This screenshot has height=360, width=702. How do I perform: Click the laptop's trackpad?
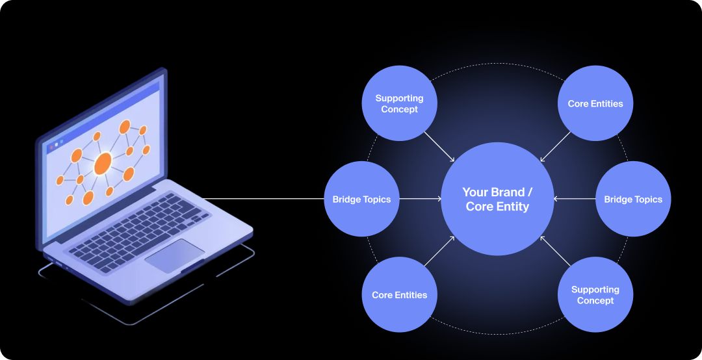[x=174, y=255]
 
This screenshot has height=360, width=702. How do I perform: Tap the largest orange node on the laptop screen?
[x=103, y=164]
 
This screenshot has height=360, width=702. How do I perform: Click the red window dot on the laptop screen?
[x=51, y=147]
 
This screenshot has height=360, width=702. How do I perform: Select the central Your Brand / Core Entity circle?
[x=497, y=199]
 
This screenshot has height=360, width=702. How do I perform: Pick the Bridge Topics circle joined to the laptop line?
[x=361, y=199]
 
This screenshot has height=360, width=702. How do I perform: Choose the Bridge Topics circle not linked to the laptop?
[x=633, y=199]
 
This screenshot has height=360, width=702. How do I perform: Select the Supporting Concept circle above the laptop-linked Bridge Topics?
[x=399, y=103]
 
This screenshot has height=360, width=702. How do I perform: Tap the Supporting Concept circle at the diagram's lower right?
[x=595, y=294]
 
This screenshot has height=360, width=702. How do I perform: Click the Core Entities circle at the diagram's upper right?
[x=595, y=103]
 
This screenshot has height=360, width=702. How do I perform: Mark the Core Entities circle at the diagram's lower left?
[x=399, y=294]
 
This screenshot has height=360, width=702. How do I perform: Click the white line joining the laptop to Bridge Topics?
[x=263, y=199]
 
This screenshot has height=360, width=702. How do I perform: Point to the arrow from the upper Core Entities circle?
[x=555, y=146]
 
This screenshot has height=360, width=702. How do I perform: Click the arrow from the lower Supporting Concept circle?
[x=555, y=251]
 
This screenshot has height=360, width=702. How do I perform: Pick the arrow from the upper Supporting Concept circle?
[x=439, y=146]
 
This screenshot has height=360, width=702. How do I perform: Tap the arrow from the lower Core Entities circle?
[x=439, y=251]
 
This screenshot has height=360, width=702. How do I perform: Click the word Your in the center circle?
[x=474, y=192]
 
